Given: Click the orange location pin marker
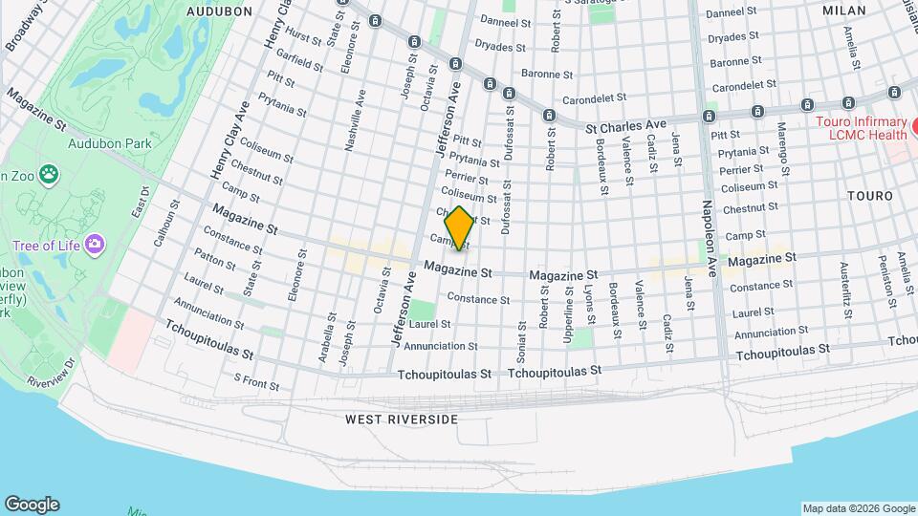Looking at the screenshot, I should (459, 228).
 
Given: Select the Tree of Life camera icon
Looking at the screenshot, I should (94, 245).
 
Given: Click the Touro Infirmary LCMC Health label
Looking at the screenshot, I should (860, 128).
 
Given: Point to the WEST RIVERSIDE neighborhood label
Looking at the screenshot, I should (402, 419).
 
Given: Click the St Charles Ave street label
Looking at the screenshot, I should (625, 125).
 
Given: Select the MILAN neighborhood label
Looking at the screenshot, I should (843, 11).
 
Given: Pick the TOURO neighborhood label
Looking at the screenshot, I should (869, 196).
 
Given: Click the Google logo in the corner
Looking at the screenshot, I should (32, 505).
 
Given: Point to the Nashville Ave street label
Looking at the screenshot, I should (356, 121).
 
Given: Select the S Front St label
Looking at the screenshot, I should (257, 383).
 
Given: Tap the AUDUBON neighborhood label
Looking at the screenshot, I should (219, 11).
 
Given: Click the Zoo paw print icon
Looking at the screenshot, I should (48, 175).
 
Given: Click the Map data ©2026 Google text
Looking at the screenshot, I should (858, 508).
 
